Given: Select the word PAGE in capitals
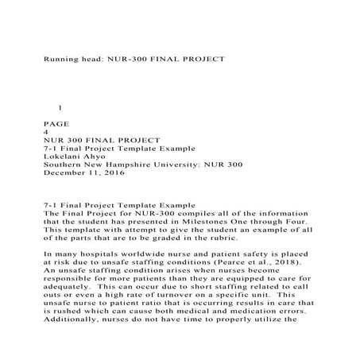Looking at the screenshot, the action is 56,122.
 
